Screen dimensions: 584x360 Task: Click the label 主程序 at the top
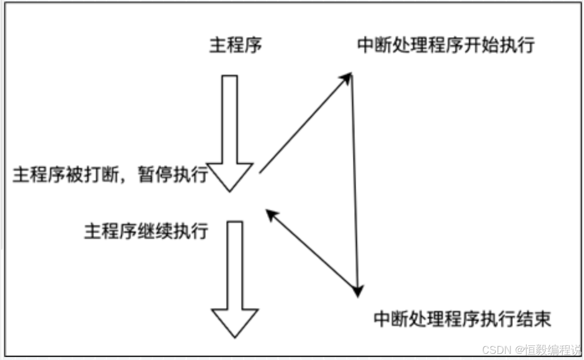pyautogui.click(x=236, y=46)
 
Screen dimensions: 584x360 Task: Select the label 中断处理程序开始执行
pyautogui.click(x=446, y=46)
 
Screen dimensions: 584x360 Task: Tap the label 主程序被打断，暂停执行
pyautogui.click(x=110, y=175)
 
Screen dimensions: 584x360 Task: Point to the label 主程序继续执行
pyautogui.click(x=146, y=231)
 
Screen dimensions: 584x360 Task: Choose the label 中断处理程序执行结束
pyautogui.click(x=462, y=319)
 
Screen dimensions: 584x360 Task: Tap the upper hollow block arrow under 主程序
pyautogui.click(x=230, y=122)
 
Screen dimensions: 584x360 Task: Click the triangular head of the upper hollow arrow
pyautogui.click(x=230, y=177)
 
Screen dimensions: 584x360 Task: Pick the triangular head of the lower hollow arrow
pyautogui.click(x=234, y=322)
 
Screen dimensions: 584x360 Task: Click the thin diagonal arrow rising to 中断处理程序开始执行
pyautogui.click(x=304, y=124)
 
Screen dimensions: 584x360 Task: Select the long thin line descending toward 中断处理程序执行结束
pyautogui.click(x=355, y=183)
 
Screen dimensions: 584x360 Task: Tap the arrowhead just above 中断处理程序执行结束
pyautogui.click(x=358, y=291)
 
